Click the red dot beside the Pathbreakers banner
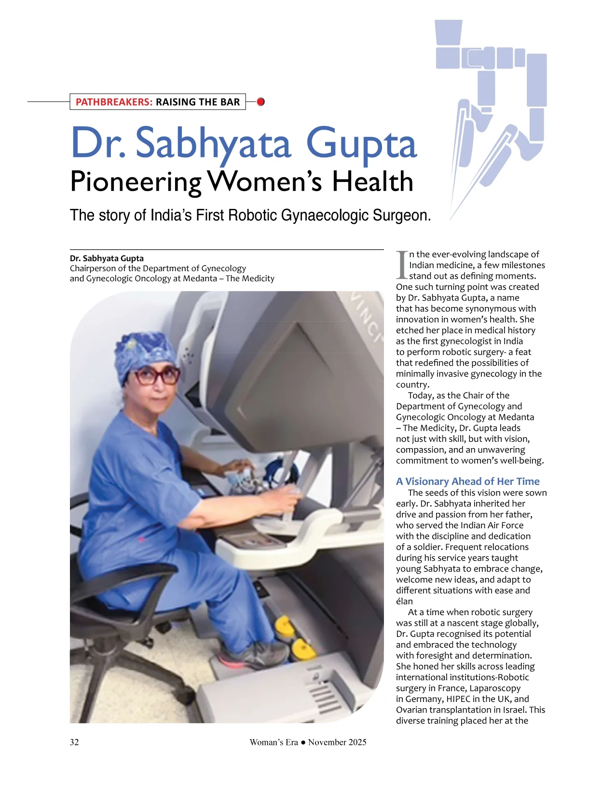(260, 102)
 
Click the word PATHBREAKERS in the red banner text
(114, 102)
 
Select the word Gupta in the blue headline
(361, 143)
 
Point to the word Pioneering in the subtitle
(136, 182)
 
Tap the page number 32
(74, 742)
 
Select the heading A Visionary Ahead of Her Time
(467, 481)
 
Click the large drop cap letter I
(402, 265)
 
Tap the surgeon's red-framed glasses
(155, 375)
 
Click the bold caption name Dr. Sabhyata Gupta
(107, 258)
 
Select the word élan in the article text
(404, 601)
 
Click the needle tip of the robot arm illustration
(451, 220)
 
